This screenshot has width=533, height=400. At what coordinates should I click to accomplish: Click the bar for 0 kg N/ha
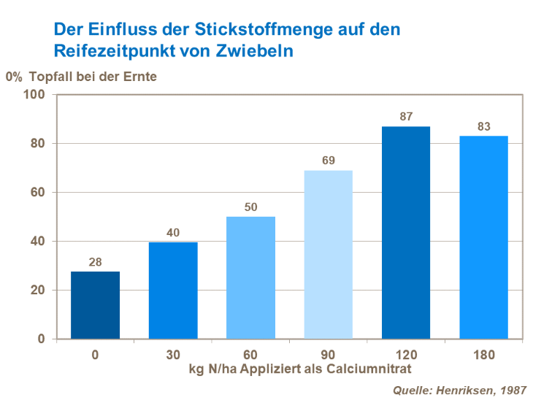[96, 305]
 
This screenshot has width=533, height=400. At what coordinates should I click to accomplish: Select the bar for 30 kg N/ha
[173, 291]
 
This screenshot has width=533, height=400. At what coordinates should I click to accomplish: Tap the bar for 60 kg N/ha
[250, 277]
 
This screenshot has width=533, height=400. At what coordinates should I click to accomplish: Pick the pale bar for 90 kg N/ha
[329, 254]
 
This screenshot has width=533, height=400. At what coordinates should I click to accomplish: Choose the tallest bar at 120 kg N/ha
[406, 232]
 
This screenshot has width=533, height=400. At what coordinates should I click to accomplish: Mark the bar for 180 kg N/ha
[483, 237]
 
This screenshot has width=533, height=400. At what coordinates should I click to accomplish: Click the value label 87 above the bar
[406, 117]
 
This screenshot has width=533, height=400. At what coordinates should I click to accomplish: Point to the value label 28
[96, 262]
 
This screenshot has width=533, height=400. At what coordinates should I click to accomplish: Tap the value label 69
[329, 161]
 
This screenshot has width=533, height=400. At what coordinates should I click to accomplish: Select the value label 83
[483, 126]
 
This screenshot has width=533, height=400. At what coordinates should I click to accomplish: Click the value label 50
[250, 207]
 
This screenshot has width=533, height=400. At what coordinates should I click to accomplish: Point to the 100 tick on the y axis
[34, 95]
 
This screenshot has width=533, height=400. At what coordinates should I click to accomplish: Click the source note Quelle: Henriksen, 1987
[459, 389]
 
